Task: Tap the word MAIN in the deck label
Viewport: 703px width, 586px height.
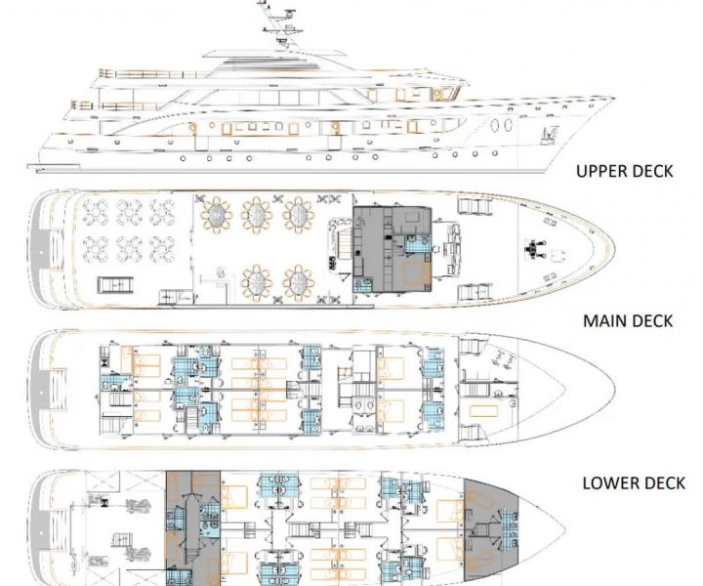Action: point(602,321)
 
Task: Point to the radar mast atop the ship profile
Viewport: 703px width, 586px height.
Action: point(278,22)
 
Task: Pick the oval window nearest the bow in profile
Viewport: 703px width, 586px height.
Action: point(508,125)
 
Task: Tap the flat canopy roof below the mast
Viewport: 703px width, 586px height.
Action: point(274,55)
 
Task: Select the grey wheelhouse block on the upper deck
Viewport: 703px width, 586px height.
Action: point(393,249)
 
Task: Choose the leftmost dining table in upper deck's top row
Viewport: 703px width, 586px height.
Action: point(216,214)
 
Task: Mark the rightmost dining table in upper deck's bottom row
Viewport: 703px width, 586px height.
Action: point(299,283)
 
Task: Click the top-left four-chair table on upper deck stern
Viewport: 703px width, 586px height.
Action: point(96,212)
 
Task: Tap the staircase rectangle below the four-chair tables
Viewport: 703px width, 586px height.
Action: point(115,284)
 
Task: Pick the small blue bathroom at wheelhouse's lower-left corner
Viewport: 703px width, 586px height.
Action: point(362,284)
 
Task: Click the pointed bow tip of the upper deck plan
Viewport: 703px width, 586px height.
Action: point(614,249)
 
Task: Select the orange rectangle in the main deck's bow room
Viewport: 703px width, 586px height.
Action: point(483,411)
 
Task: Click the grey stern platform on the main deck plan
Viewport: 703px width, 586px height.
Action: point(41,393)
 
